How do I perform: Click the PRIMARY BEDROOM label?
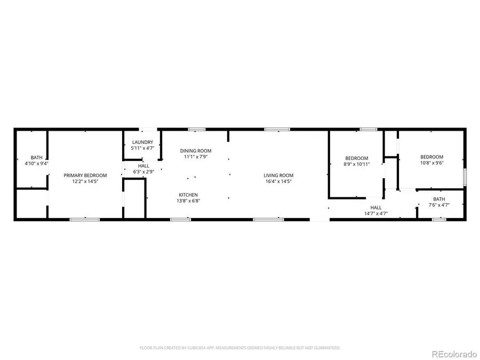pos(85,175)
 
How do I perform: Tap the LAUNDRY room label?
pos(142,142)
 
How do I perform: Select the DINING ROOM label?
pos(196,151)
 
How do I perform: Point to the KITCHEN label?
pos(189,195)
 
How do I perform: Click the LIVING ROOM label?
pos(278,175)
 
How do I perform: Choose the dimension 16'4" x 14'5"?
pos(278,181)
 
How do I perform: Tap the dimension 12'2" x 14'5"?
pos(85,181)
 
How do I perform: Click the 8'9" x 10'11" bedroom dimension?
pos(356,164)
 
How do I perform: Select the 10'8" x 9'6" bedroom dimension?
pos(432,163)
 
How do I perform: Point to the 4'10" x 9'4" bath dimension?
pos(36,164)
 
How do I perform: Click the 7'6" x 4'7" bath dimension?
pos(439,205)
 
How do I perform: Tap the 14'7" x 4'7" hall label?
pos(376,213)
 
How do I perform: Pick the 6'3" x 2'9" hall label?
pos(143,172)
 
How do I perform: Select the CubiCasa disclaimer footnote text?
pos(240,348)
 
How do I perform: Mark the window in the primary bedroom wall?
pos(85,219)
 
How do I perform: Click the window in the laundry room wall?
pos(148,129)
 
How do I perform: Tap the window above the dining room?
pos(197,129)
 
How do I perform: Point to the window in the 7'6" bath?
pos(439,219)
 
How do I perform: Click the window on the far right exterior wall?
pos(465,176)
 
